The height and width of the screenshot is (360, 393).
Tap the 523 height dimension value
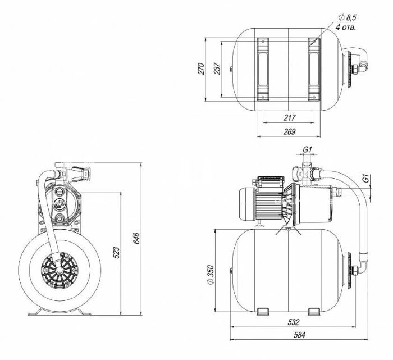coord(117,253)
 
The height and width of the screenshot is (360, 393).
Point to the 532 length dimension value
coord(293,323)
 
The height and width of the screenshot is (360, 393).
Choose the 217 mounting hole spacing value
coord(290,118)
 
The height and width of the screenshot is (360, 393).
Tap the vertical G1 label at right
coord(365,180)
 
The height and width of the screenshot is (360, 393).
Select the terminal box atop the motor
coord(269,180)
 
